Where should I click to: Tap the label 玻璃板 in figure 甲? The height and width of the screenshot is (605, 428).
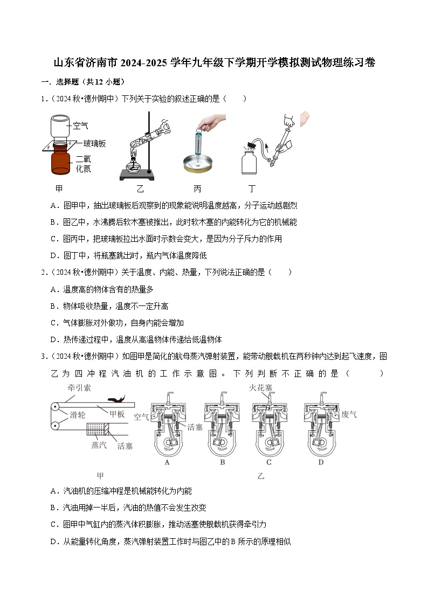94,144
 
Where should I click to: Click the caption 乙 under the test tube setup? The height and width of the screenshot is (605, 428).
140,189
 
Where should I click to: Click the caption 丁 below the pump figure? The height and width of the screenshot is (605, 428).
252,189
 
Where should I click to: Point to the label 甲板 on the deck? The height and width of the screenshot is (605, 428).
117,414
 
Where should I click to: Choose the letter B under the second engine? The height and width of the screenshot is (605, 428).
223,462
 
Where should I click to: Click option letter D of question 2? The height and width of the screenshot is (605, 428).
53,339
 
